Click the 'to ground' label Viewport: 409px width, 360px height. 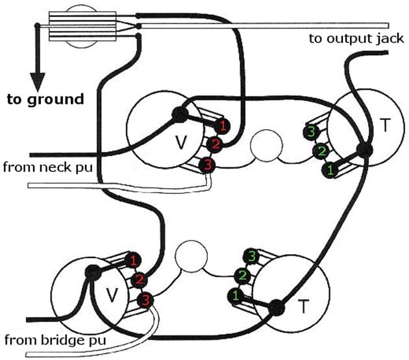point(45,99)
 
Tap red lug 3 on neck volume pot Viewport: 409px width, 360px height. point(207,165)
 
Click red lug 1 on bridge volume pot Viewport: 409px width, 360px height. point(133,261)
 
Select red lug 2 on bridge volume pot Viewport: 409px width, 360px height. point(138,280)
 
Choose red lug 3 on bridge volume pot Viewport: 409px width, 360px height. point(145,300)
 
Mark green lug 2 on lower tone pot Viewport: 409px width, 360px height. point(242,276)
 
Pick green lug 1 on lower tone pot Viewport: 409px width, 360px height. point(234,296)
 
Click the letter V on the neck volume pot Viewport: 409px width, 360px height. point(182,143)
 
